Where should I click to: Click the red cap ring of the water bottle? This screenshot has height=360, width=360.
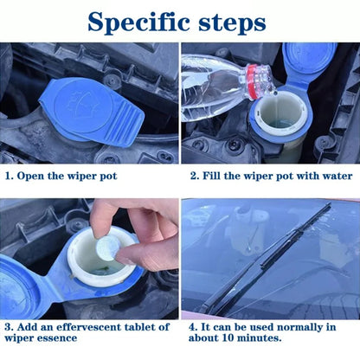pos(257,80)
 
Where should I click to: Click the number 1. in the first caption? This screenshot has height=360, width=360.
pos(10,175)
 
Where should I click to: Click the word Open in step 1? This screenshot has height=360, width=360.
pos(36,175)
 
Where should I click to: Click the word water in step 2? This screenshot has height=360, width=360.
pos(336,175)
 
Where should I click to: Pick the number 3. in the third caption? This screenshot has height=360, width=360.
pos(9,327)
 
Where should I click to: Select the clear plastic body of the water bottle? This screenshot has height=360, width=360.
pos(212,77)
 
